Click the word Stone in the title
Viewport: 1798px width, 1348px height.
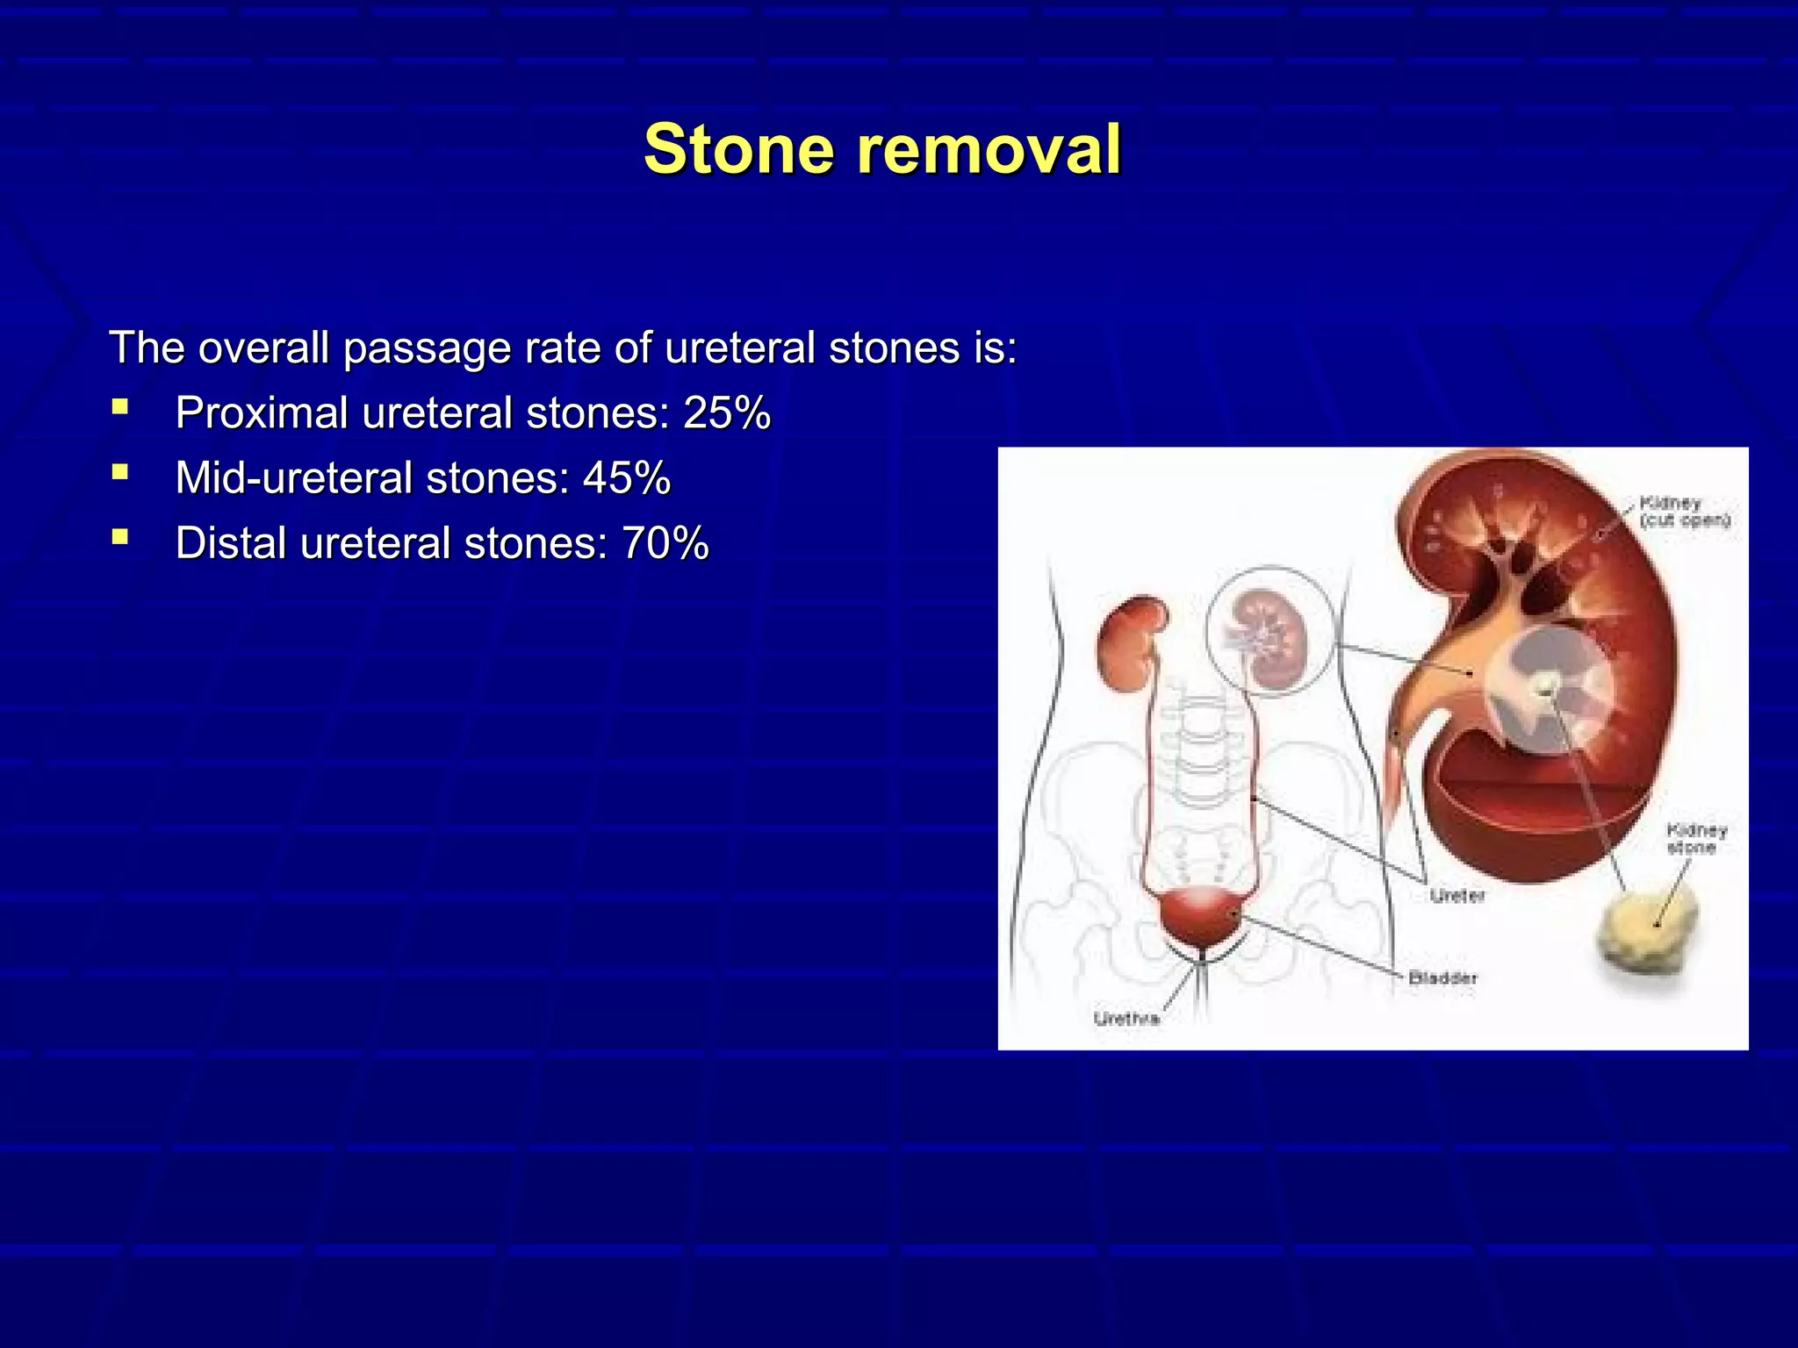coord(738,150)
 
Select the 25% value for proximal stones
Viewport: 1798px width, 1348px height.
coord(727,413)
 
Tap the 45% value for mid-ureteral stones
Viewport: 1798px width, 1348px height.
coord(627,479)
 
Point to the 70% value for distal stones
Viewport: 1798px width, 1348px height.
coord(665,544)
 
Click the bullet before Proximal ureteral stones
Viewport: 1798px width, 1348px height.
coord(120,407)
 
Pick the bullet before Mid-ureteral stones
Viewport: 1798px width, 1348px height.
coord(120,473)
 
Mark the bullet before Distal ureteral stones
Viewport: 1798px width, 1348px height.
coord(120,537)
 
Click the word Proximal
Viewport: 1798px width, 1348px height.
coord(262,413)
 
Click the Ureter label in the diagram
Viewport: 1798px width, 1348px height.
coord(1457,896)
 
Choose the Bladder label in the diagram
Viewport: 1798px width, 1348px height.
coord(1442,978)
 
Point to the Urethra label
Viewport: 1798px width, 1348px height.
coord(1126,1019)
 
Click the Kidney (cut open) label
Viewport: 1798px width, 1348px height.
coord(1684,512)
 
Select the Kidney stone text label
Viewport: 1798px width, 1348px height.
coord(1696,839)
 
